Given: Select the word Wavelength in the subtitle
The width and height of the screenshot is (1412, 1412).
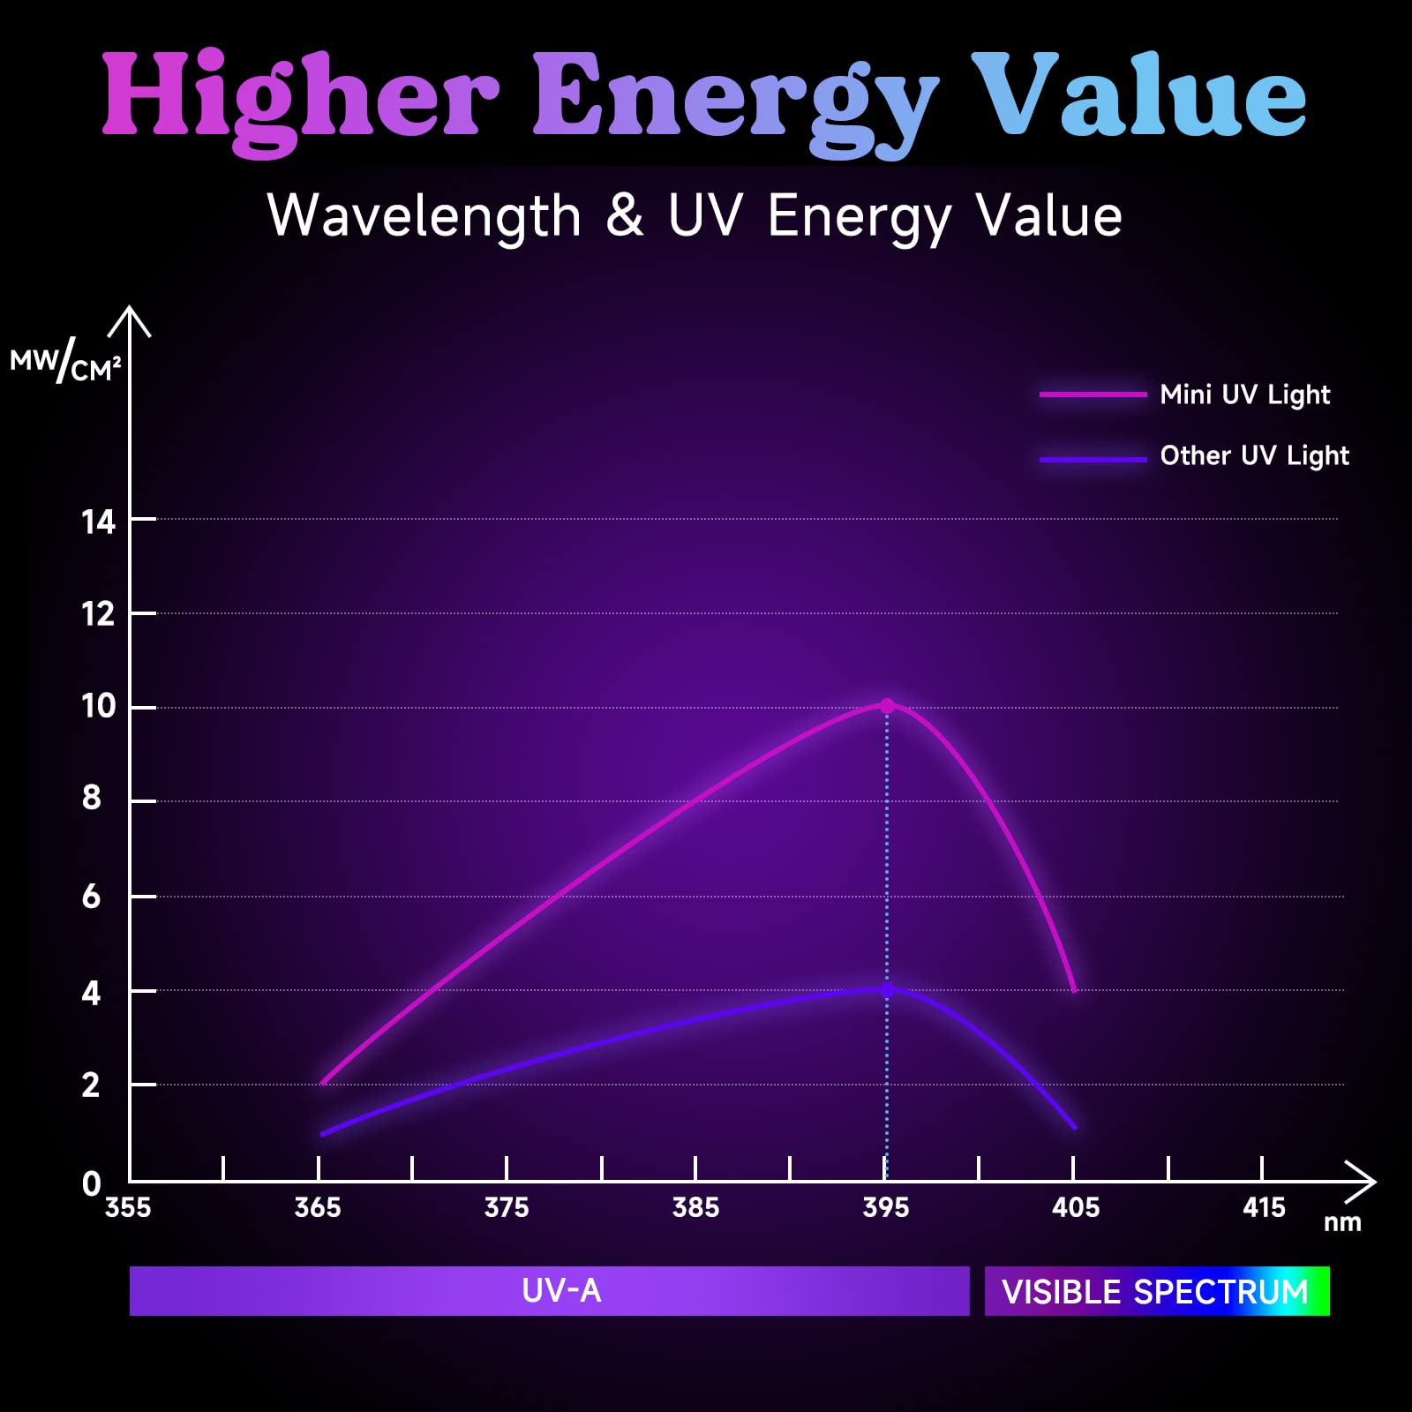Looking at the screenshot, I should click(424, 216).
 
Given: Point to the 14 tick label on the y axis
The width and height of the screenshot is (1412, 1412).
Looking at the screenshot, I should click(99, 522).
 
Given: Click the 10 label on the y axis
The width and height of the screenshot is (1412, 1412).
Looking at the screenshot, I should click(99, 706).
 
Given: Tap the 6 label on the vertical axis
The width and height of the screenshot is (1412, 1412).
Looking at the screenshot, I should click(92, 898).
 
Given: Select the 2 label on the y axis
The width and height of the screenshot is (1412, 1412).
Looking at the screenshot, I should click(92, 1085).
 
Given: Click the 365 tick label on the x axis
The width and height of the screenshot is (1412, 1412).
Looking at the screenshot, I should click(318, 1207).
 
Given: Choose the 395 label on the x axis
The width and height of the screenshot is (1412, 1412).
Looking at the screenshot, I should click(885, 1207).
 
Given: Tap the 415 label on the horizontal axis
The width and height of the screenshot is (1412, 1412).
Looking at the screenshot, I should click(1264, 1207).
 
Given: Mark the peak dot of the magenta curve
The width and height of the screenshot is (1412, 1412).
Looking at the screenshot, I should click(887, 706).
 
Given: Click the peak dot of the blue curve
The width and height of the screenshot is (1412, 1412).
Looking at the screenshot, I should click(887, 990).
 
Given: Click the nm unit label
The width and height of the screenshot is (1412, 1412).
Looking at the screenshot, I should click(1342, 1223).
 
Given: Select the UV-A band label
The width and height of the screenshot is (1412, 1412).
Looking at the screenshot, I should click(561, 1291).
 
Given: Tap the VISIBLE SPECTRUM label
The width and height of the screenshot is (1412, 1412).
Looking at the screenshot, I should click(1155, 1292).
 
